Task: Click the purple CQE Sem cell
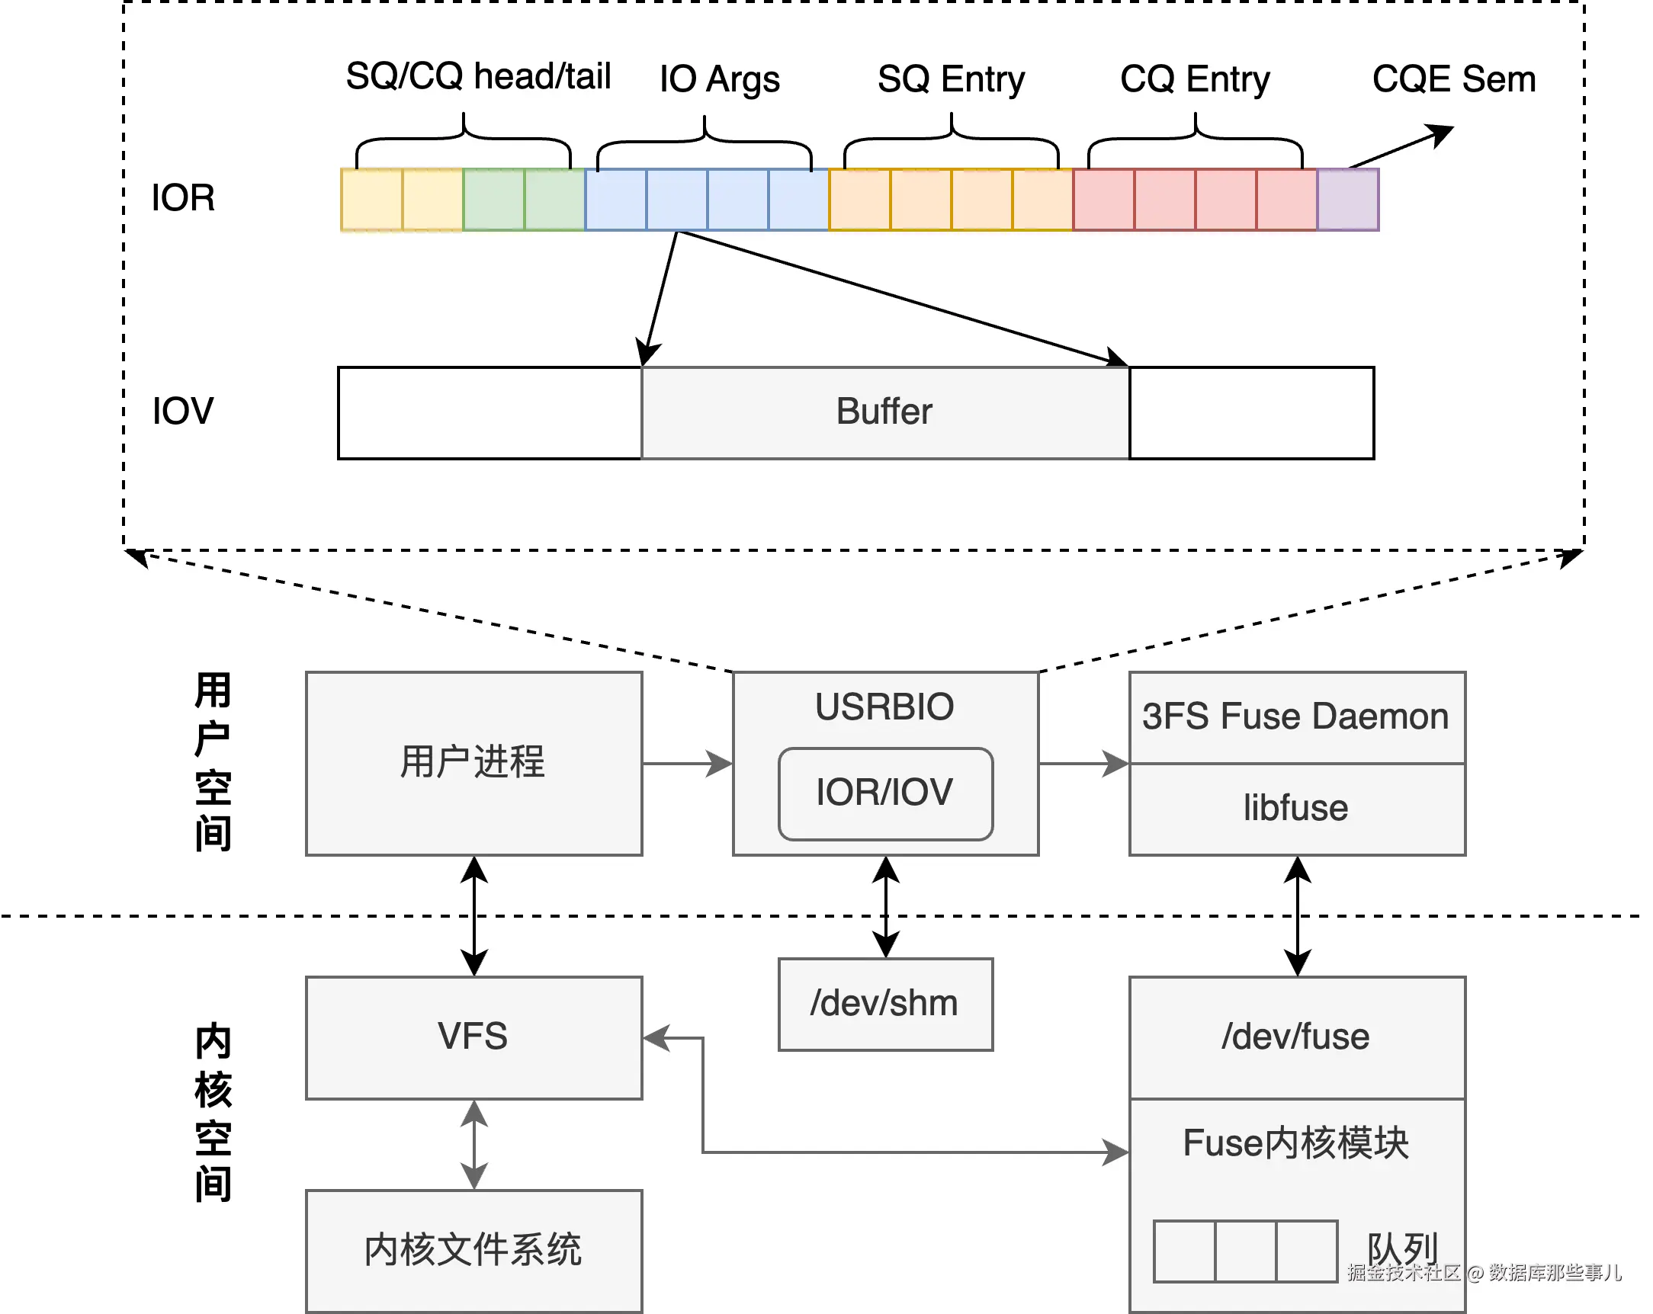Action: pos(1348,200)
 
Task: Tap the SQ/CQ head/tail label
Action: pos(478,77)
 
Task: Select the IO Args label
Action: pos(719,80)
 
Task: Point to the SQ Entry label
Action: pos(951,80)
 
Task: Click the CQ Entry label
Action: pos(1195,80)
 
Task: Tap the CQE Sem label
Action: pos(1454,79)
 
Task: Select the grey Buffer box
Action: pos(884,412)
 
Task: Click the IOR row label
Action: pos(183,198)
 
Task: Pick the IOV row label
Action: pos(182,411)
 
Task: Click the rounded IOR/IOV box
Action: pos(885,793)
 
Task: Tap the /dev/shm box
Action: pos(885,1004)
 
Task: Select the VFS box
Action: pos(473,1037)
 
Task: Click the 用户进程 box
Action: pos(473,763)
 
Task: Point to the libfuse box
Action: pos(1297,809)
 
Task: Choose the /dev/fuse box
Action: pos(1297,1037)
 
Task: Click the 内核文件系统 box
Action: pos(473,1252)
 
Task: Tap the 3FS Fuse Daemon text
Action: pos(1295,716)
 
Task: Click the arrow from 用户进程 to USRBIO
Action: pos(688,764)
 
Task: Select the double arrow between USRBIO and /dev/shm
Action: pos(885,907)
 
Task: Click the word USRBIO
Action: pos(884,707)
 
